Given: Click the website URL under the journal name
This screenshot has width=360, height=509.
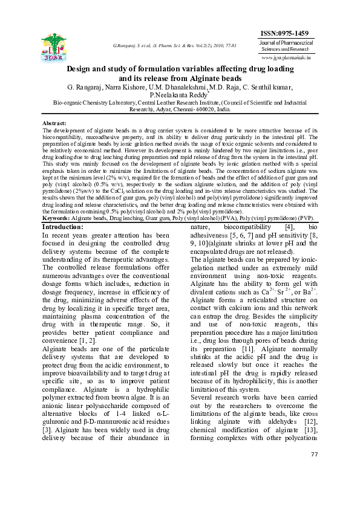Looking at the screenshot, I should tap(295, 58).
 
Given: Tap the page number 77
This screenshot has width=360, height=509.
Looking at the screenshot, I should tap(313, 488).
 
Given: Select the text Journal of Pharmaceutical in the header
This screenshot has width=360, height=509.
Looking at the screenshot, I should tap(295, 44).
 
